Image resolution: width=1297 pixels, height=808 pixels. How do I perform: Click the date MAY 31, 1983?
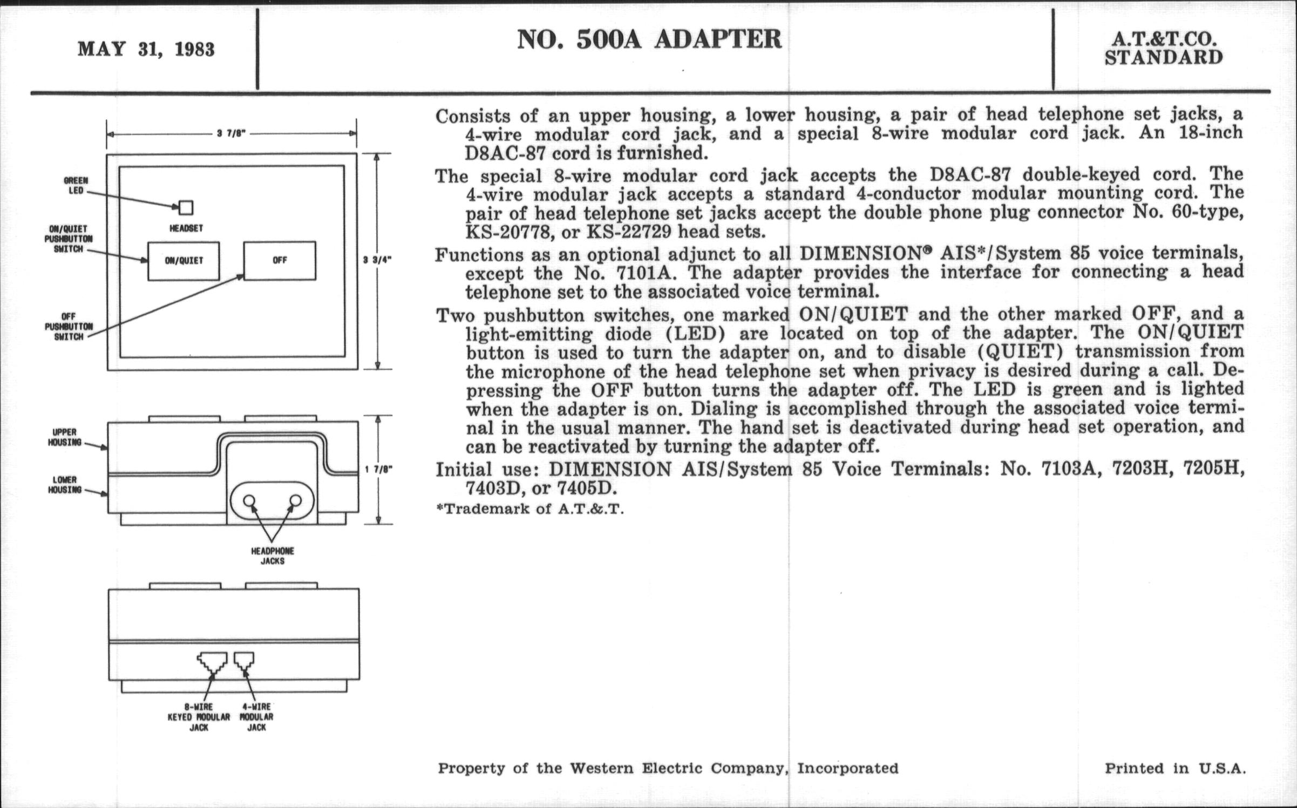click(146, 50)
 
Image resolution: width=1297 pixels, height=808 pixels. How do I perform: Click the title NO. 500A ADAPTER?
click(649, 39)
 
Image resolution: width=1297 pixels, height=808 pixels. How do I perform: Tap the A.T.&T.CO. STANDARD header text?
click(1163, 49)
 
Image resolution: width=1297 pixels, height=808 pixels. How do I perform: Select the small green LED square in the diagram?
click(186, 208)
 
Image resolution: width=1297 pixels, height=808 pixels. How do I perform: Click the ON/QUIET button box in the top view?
click(184, 261)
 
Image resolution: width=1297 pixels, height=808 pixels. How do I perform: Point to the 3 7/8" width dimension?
click(232, 133)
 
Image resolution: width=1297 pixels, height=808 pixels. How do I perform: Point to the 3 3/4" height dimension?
click(377, 260)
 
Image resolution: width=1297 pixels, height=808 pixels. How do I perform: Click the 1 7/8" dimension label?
click(378, 470)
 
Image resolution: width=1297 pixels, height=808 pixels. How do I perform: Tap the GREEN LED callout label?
click(75, 186)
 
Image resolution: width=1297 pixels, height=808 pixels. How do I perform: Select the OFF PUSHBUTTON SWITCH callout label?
click(69, 327)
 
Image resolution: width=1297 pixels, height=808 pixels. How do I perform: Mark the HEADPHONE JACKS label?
click(273, 556)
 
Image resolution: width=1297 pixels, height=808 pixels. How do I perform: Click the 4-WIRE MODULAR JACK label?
click(256, 717)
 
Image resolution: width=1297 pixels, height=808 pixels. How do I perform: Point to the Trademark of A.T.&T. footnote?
click(530, 509)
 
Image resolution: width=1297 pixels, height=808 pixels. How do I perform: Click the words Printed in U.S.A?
click(1175, 768)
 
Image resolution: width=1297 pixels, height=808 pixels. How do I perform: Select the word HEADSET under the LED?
click(186, 228)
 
